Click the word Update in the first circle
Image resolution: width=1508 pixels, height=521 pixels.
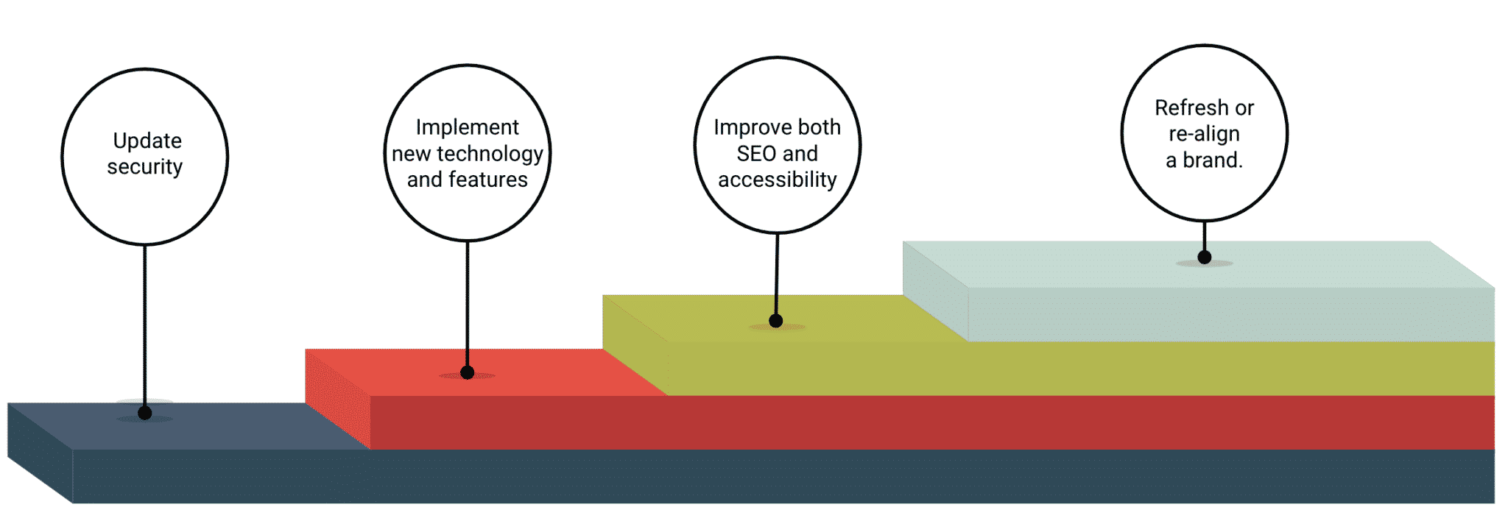(147, 141)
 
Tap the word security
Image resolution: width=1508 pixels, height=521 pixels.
(145, 167)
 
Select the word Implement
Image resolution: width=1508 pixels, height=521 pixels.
(468, 128)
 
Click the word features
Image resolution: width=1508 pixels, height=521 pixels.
(489, 180)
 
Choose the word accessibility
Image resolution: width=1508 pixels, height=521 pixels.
(778, 180)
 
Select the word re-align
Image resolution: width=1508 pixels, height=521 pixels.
(1205, 135)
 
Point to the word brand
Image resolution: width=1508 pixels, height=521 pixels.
(1213, 160)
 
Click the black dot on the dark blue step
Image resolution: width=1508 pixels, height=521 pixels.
(145, 413)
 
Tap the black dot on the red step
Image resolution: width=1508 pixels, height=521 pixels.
(467, 372)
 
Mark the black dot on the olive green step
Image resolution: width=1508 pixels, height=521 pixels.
(775, 321)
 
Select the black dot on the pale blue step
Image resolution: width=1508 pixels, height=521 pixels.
(1205, 257)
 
